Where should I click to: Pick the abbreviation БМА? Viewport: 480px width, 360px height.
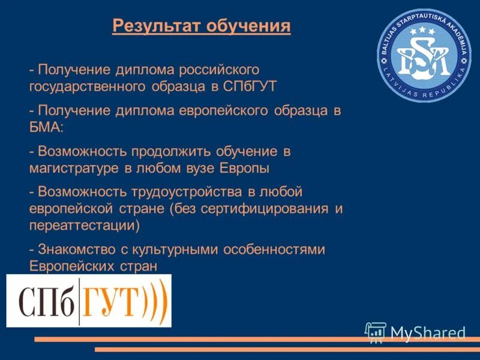coord(44,127)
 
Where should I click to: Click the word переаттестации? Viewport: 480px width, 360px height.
coord(84,225)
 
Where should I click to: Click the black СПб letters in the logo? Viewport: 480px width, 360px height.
coord(47,301)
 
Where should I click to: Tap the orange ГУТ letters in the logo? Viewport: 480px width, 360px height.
coord(112,301)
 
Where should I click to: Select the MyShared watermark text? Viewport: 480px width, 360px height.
coord(428,332)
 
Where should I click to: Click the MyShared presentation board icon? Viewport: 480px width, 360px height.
coord(376,332)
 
